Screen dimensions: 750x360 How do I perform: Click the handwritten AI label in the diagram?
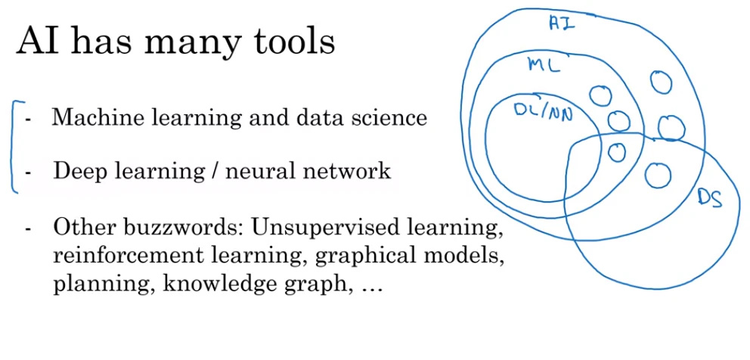coord(562,23)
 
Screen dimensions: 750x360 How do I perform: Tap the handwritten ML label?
coord(544,65)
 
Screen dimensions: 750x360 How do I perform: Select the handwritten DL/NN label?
coord(544,111)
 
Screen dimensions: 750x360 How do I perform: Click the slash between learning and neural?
coord(215,172)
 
